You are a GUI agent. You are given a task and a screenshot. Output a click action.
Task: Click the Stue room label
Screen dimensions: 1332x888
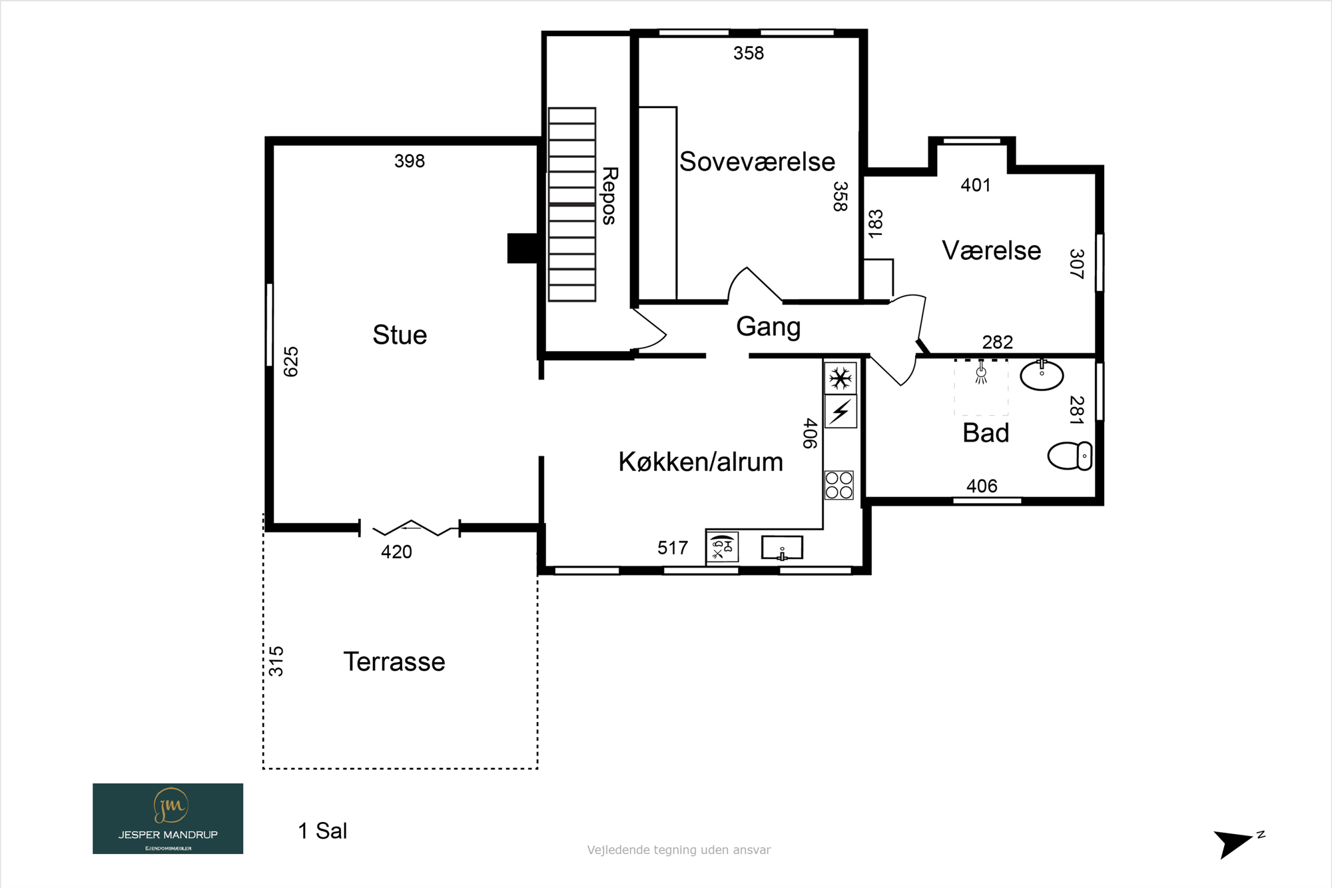(x=400, y=335)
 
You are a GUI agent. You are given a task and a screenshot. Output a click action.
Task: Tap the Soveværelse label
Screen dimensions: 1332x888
(x=757, y=162)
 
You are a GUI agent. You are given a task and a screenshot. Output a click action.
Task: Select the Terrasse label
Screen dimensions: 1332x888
(x=394, y=662)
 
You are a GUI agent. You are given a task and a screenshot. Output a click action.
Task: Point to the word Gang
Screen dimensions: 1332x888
(x=768, y=327)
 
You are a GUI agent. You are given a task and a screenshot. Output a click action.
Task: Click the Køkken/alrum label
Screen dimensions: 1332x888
(x=701, y=462)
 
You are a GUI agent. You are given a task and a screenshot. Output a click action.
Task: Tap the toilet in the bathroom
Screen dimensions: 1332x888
(x=1070, y=456)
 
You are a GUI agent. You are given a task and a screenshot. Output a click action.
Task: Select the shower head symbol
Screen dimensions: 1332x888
(x=981, y=373)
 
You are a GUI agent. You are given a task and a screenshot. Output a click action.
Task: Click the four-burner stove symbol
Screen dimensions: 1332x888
(x=839, y=485)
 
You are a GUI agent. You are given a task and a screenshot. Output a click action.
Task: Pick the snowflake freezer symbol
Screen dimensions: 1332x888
(x=840, y=378)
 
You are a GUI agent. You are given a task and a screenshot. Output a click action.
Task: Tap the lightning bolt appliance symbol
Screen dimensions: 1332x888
(x=840, y=412)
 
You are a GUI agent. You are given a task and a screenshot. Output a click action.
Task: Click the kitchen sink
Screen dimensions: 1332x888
(x=782, y=548)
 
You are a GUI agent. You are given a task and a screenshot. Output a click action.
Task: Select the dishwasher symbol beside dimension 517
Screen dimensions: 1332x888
(x=722, y=548)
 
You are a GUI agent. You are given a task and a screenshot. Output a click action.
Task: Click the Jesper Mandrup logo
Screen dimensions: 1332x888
(x=168, y=819)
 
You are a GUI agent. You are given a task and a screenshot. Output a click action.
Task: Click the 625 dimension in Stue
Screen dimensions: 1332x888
(x=291, y=362)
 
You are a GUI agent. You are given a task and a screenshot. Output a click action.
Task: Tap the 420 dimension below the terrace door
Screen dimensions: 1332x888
(x=396, y=552)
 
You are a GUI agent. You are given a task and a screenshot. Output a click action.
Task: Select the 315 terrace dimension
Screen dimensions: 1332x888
(x=276, y=662)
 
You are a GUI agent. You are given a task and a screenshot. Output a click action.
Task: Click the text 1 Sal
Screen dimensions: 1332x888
(x=322, y=831)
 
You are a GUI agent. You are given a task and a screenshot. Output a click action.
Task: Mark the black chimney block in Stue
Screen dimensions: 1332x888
(x=523, y=248)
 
